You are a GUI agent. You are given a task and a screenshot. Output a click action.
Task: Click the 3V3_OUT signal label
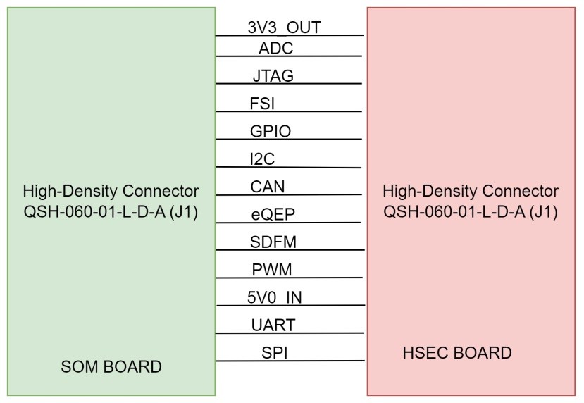[284, 27]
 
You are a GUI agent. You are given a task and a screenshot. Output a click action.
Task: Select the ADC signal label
[275, 48]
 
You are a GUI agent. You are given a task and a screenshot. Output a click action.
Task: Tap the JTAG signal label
[273, 75]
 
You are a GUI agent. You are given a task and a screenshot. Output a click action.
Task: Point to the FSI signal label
[262, 104]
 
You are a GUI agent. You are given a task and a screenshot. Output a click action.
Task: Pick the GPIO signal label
[271, 131]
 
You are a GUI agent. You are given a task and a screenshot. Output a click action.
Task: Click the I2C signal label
[262, 159]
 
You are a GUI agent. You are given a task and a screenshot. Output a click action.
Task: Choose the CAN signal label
[268, 187]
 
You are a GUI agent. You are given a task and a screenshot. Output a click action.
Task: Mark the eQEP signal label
[268, 214]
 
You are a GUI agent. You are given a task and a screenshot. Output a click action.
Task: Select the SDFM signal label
[273, 242]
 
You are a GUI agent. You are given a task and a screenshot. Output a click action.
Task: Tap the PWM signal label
[272, 270]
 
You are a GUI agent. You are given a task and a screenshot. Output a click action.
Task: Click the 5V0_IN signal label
[274, 297]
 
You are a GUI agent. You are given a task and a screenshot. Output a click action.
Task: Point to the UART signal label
[273, 325]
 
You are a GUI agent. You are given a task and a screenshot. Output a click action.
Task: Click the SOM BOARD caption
[111, 367]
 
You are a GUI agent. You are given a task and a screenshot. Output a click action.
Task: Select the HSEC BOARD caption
[457, 353]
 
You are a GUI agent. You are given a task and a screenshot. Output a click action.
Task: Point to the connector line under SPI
[290, 361]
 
